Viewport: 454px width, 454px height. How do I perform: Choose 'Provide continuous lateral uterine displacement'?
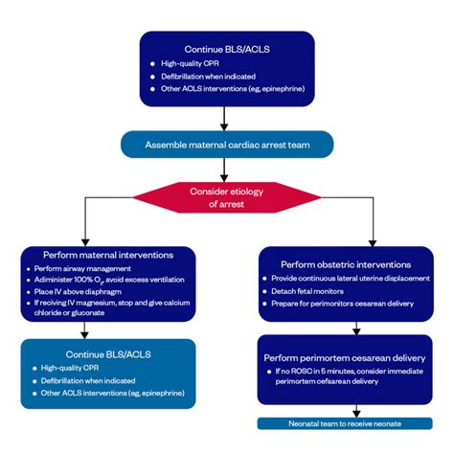pyautogui.click(x=352, y=277)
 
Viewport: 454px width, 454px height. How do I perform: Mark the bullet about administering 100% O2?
pyautogui.click(x=106, y=281)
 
